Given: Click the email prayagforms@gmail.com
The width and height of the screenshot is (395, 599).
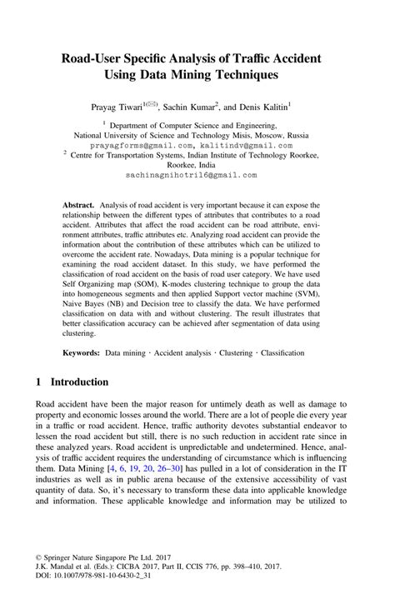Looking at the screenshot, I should click(x=139, y=144).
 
